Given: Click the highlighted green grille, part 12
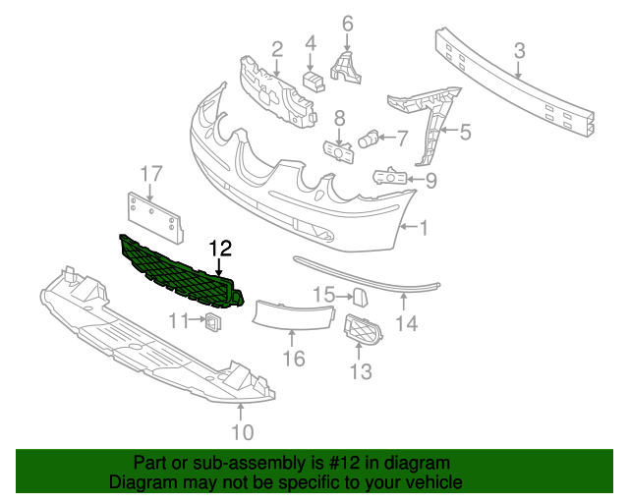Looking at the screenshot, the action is pos(181,272).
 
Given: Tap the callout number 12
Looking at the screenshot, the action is pos(220,249).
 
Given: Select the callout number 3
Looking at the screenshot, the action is pos(519,52).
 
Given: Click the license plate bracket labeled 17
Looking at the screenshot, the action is pos(155,217).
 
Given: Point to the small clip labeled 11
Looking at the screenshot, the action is pos(213,321).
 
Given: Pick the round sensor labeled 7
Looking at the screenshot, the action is pos(368,139).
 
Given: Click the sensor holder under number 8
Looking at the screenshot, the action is pos(339,152).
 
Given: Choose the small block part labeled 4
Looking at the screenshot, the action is pos(314,81).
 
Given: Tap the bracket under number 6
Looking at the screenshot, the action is pos(345,68).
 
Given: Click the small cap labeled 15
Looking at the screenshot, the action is pos(361,298).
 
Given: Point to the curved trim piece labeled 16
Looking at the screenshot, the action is pos(293,315).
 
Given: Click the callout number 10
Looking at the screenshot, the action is pos(243,432).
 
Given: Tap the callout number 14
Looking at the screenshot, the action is pos(407,323).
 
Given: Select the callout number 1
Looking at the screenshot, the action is pos(424,228).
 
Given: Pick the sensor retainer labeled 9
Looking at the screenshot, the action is pos(390,177).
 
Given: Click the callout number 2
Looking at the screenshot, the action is pos(277,50).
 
